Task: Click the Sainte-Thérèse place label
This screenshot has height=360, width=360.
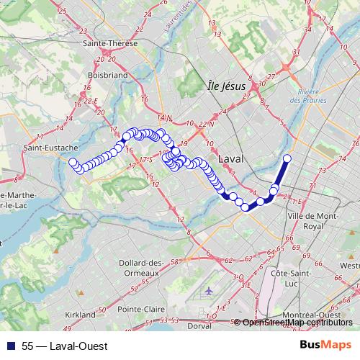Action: pyautogui.click(x=110, y=43)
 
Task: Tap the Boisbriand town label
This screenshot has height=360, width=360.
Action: pyautogui.click(x=107, y=74)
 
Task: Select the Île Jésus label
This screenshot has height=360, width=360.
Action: pyautogui.click(x=226, y=86)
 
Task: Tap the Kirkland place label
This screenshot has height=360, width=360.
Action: pyautogui.click(x=79, y=315)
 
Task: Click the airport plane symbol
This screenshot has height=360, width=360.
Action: pyautogui.click(x=210, y=291)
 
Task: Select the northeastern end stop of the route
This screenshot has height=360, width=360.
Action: pyautogui.click(x=287, y=158)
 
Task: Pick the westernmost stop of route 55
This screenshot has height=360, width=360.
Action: pyautogui.click(x=72, y=162)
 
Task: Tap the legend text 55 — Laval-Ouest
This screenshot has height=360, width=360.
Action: pyautogui.click(x=65, y=346)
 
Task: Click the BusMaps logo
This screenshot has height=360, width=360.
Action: pyautogui.click(x=325, y=346)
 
